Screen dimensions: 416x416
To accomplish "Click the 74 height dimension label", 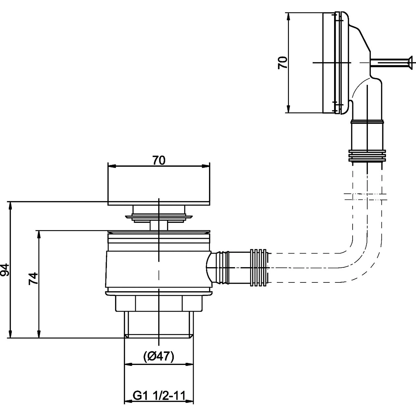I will (33, 279).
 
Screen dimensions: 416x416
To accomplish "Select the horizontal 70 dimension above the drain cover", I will (159, 160).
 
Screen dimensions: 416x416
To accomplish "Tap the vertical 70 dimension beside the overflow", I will (282, 62).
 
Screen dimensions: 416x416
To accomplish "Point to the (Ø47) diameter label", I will (159, 357).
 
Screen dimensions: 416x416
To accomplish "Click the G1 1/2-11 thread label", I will (159, 396).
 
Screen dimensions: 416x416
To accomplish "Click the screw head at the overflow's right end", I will (410, 62).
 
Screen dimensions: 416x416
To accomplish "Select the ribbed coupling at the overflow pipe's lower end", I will (367, 156).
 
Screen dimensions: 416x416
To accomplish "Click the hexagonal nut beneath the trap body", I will (159, 303).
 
